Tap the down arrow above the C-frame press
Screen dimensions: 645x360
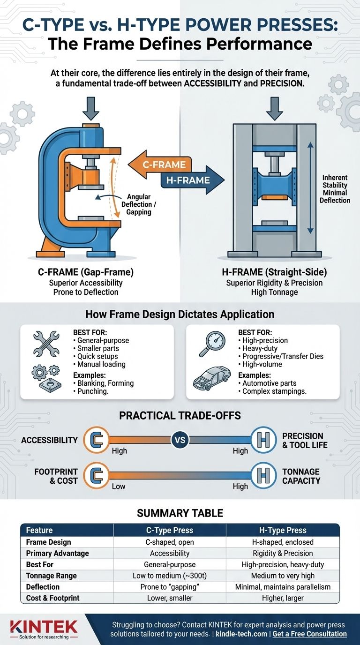90,108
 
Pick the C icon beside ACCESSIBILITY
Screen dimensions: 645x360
96,439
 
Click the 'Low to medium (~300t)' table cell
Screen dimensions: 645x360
170,575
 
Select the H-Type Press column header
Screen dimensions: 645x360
283,530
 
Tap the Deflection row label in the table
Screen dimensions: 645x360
43,586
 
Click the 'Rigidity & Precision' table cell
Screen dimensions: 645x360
283,553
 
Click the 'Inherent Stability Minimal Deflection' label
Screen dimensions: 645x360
335,189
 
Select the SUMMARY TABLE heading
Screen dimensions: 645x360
180,513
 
